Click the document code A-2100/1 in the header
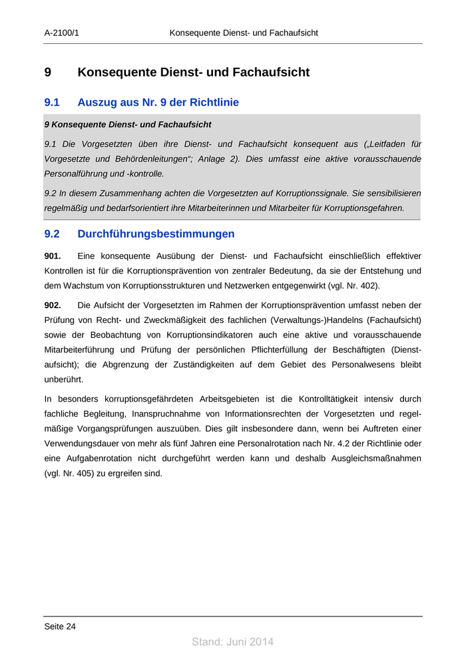(x=62, y=33)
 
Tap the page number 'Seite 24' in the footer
(x=60, y=626)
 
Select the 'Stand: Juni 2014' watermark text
(x=232, y=642)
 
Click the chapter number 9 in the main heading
(x=48, y=73)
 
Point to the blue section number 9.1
(x=52, y=103)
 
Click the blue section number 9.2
(x=52, y=234)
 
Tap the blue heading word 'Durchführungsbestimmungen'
(x=156, y=234)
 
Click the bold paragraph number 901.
(x=53, y=256)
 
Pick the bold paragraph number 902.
(x=53, y=306)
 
